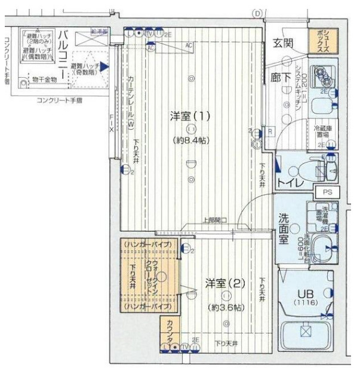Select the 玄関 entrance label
[282, 43]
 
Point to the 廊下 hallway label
[282, 78]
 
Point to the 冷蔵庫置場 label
[324, 131]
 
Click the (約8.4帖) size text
[190, 142]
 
